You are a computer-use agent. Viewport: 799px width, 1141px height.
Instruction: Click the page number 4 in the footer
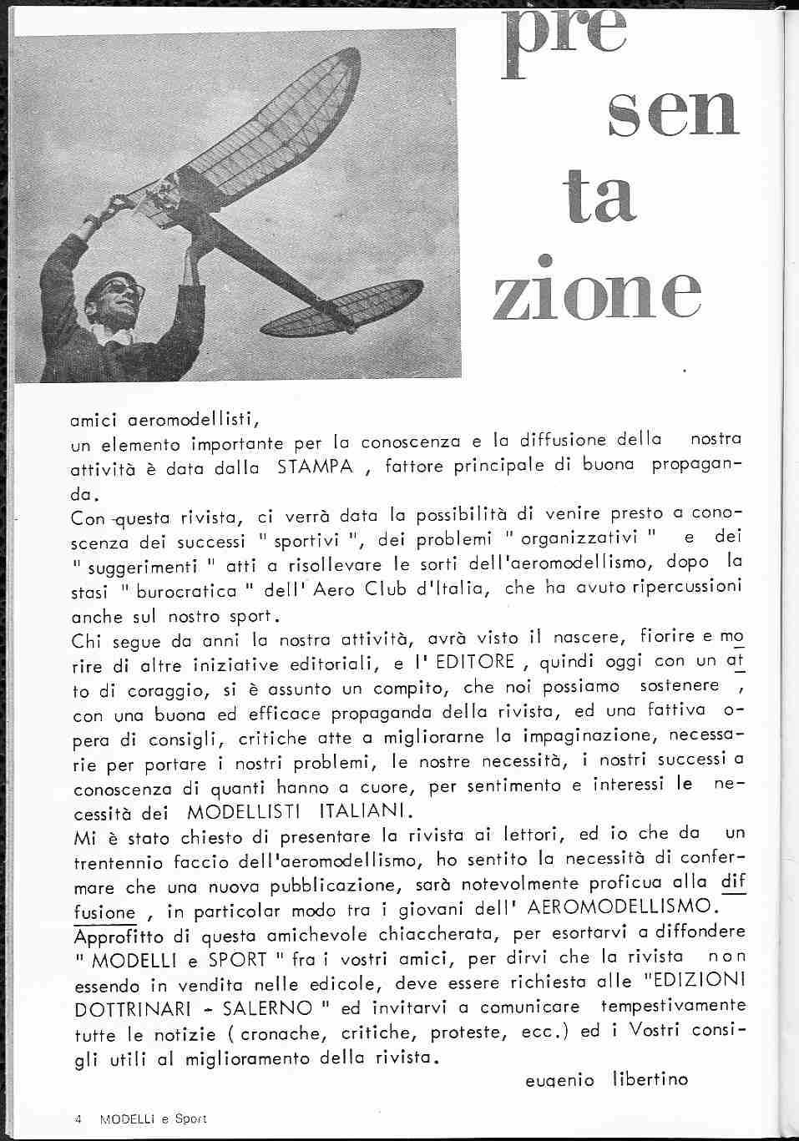point(77,1118)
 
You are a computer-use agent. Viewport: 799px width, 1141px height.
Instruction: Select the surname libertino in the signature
point(650,1079)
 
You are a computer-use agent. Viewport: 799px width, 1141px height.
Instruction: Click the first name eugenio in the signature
point(559,1080)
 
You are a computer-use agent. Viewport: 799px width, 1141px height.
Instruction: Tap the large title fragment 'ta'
point(592,201)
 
